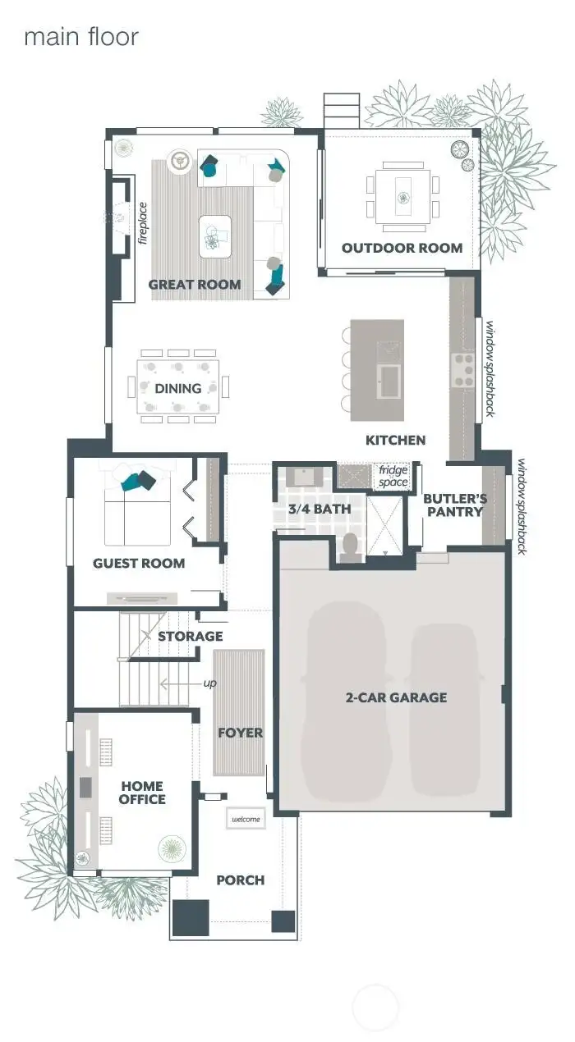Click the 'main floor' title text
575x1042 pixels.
tap(81, 37)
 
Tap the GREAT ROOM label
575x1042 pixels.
tap(195, 284)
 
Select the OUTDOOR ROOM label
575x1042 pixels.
tap(402, 248)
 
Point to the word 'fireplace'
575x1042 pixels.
tap(143, 223)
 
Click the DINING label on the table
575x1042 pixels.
tap(178, 388)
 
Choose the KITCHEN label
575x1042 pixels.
tap(395, 440)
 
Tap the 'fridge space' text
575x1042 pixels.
tap(393, 477)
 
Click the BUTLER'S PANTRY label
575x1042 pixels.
tap(455, 505)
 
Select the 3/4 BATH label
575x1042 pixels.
tap(320, 509)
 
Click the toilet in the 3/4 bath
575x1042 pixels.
tap(350, 547)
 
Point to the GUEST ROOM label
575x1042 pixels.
tap(139, 564)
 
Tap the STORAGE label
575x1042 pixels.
tap(191, 636)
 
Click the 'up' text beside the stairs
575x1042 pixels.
tap(210, 683)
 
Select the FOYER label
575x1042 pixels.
tap(240, 733)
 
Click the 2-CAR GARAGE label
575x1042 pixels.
tap(396, 697)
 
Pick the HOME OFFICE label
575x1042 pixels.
tap(142, 793)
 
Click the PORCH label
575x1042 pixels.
tap(240, 880)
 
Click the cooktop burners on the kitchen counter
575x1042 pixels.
tap(462, 370)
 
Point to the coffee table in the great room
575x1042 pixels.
tap(215, 236)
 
